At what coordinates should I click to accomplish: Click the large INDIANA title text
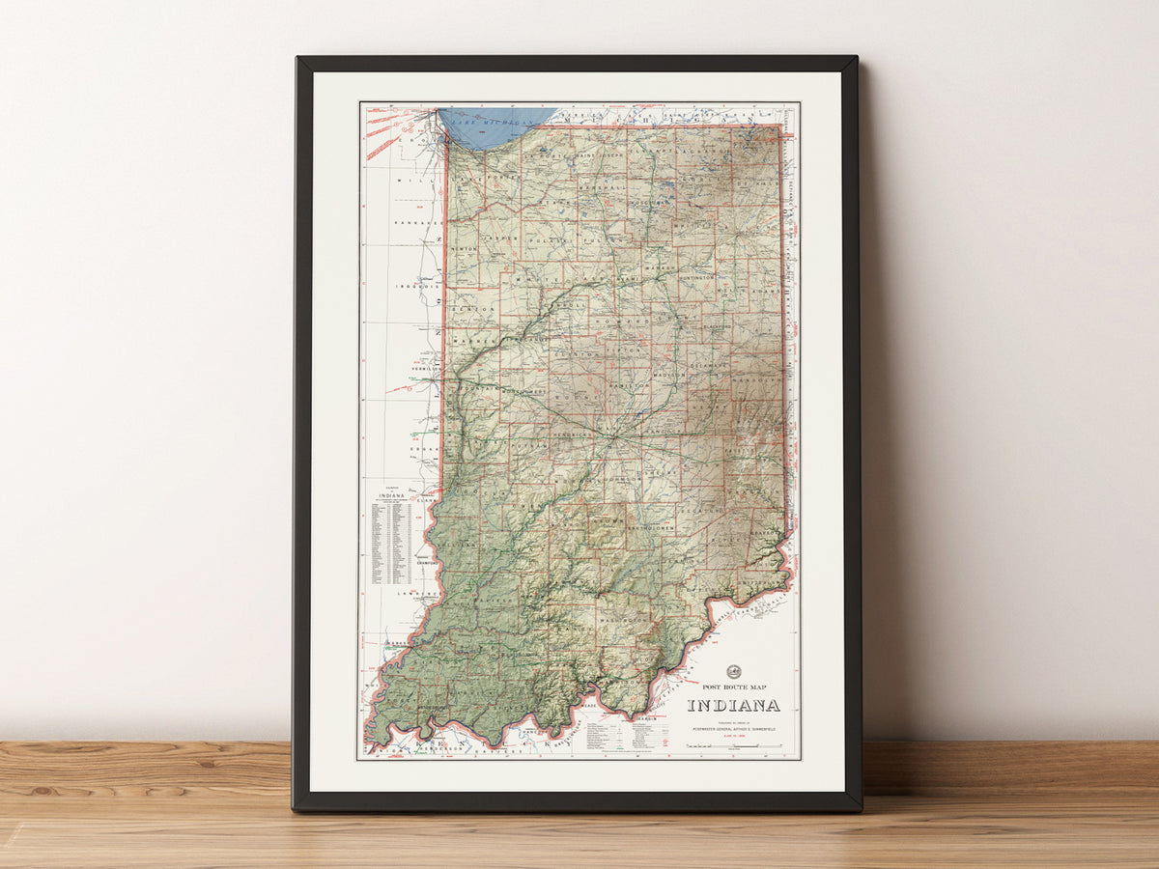point(733,706)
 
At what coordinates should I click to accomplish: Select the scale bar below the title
point(733,746)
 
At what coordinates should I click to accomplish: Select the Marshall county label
point(599,189)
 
